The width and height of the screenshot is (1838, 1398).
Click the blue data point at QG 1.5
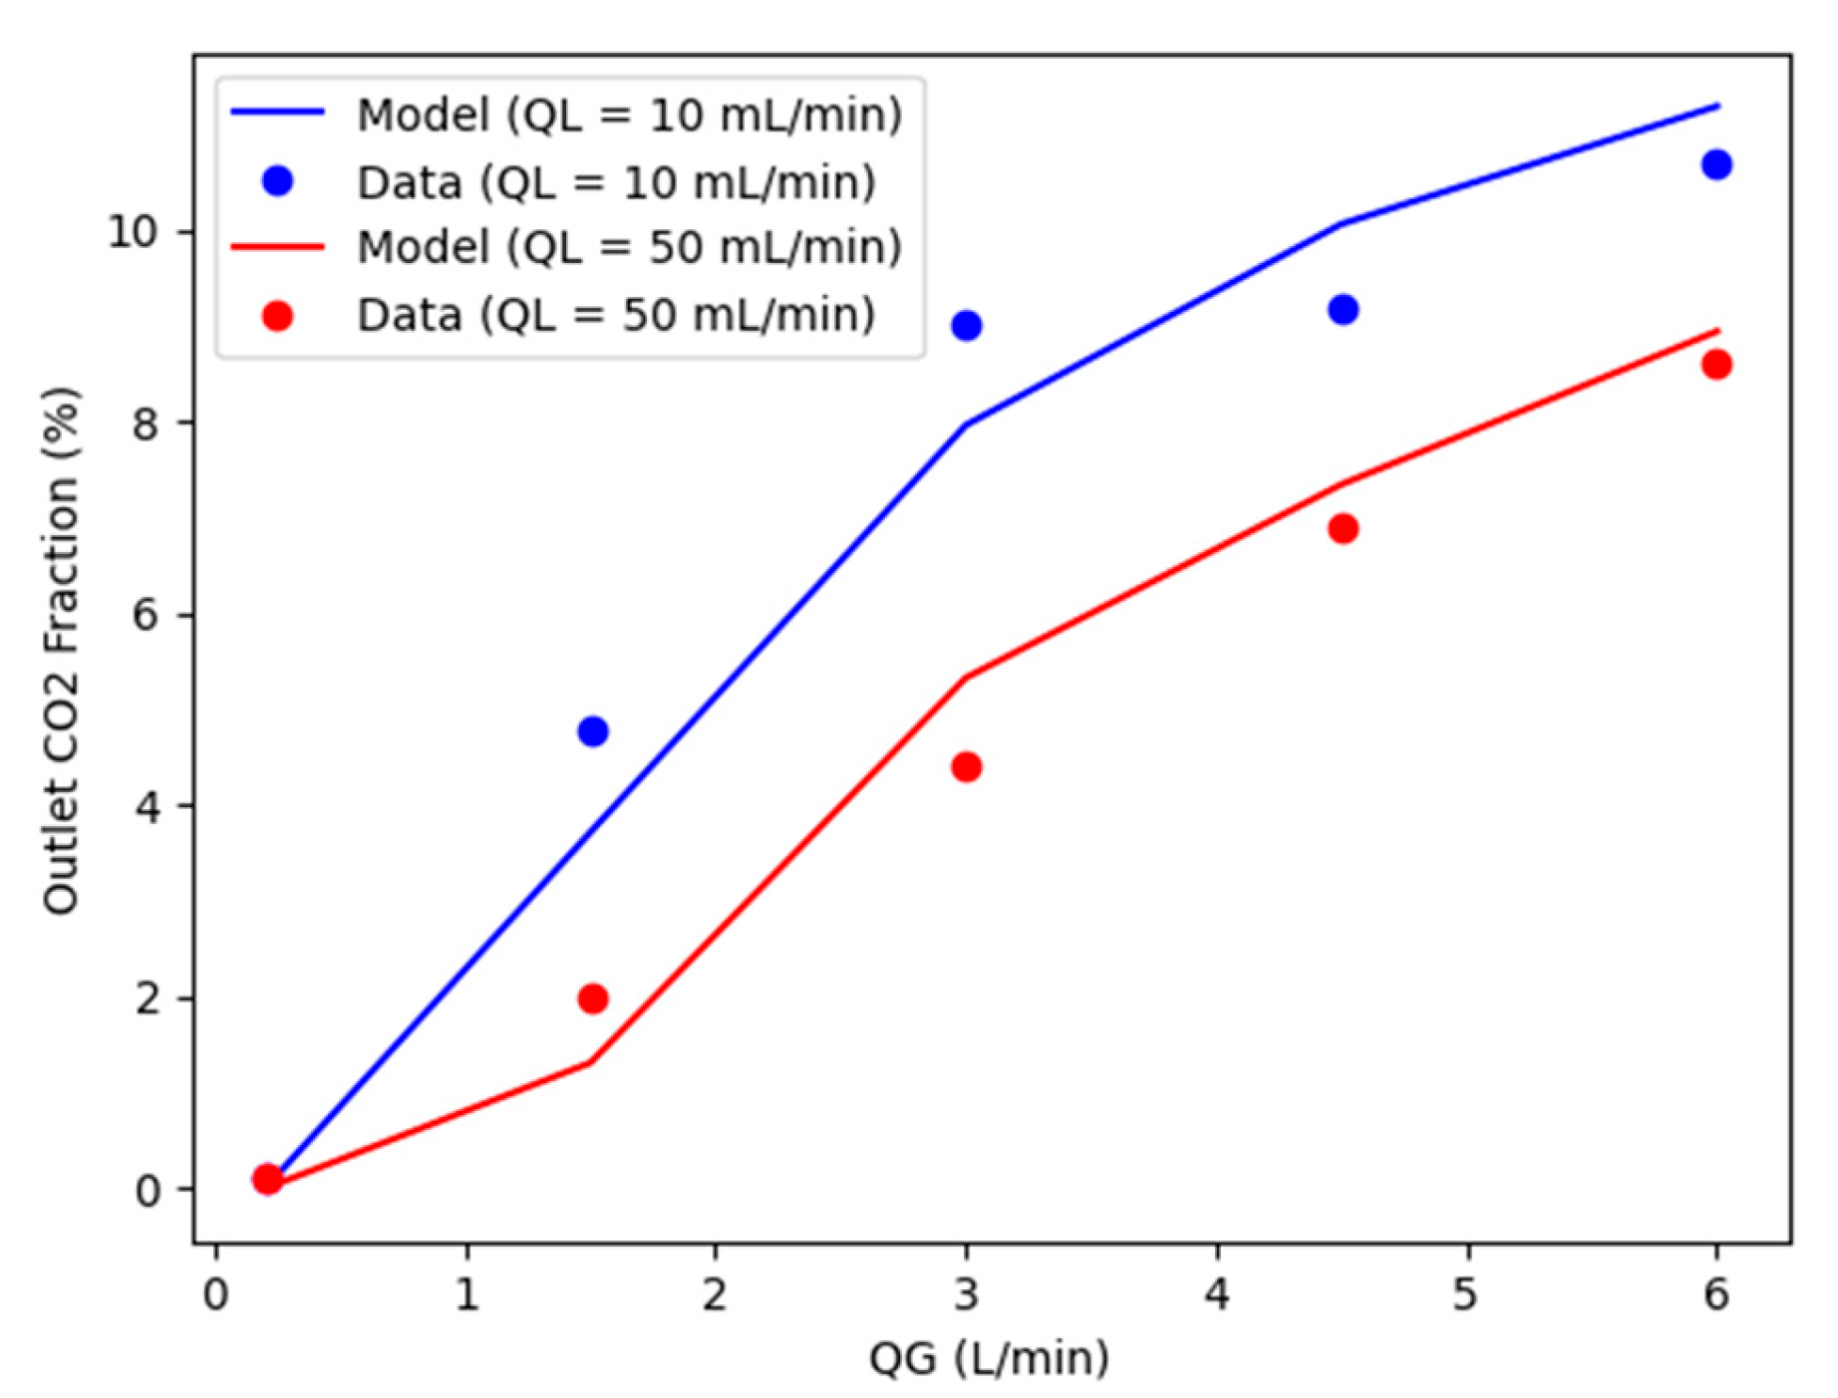(592, 731)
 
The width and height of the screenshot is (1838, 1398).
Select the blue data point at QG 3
(966, 326)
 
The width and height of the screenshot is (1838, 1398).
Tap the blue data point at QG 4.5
(1343, 310)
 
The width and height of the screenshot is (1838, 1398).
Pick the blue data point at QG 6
(1716, 164)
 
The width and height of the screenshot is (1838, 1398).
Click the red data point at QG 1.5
(592, 998)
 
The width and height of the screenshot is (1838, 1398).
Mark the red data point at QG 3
(966, 767)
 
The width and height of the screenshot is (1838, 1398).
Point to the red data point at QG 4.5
(1343, 528)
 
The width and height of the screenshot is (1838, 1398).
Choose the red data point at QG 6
(1716, 365)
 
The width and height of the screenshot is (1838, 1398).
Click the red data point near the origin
(266, 1179)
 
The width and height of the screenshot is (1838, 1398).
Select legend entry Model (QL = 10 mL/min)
(629, 115)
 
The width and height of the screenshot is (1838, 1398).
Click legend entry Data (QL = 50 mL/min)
(616, 315)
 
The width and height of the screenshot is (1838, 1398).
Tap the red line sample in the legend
(277, 247)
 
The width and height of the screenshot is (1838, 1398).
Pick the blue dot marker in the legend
(277, 181)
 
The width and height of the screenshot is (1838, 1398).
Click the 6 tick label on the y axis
(146, 615)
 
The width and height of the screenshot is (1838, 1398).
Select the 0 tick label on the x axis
(215, 1295)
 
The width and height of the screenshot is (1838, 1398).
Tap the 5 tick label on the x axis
(1464, 1295)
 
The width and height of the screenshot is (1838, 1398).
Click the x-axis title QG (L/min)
(989, 1358)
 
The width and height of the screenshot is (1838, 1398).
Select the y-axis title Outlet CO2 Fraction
(62, 650)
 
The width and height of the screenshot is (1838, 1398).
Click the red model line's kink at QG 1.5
(590, 1062)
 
